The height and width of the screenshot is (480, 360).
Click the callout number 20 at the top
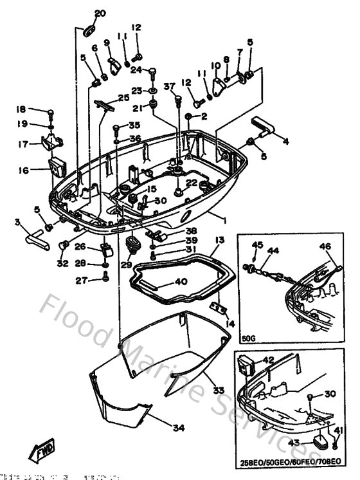100,13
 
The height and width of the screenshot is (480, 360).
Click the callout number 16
24,171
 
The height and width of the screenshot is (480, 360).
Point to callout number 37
169,87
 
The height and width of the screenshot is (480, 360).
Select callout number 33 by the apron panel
219,389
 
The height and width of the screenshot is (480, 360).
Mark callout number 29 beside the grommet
126,264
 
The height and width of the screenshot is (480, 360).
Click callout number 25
123,98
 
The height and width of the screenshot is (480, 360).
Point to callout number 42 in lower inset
268,360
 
